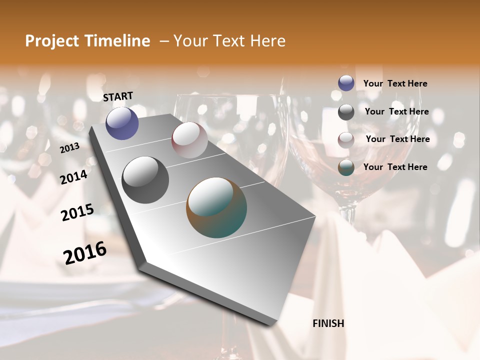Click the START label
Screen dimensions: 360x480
[118, 96]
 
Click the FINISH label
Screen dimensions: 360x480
[328, 323]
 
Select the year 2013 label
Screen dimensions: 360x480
[69, 148]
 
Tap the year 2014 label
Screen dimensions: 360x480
[73, 177]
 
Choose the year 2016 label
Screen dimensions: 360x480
[85, 252]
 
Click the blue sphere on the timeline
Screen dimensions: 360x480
[122, 123]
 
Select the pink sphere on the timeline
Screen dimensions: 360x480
[189, 140]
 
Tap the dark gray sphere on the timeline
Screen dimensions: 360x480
[145, 179]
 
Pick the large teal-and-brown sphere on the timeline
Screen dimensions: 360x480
[216, 207]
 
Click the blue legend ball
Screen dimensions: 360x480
[346, 83]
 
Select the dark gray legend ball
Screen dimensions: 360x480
[346, 112]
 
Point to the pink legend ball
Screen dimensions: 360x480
[346, 140]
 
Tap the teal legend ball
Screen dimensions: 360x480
[346, 167]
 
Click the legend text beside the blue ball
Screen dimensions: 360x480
[395, 83]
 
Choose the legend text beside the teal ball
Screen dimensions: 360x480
[395, 167]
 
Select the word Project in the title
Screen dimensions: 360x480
[51, 41]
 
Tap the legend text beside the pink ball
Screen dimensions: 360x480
[397, 139]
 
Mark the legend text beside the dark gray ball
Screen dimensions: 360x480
[396, 111]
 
